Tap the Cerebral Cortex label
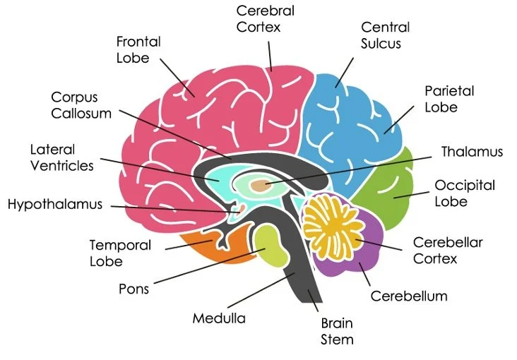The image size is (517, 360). point(265,19)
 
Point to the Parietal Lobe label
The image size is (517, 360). point(449,99)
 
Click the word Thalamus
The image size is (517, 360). point(472,152)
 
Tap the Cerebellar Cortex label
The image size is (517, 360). point(448,250)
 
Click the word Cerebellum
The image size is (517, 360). point(409,296)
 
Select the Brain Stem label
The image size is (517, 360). point(337,331)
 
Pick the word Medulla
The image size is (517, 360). point(219,318)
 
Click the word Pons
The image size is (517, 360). point(133,289)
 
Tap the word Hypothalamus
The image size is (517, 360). point(55,205)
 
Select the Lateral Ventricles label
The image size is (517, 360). point(61,158)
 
